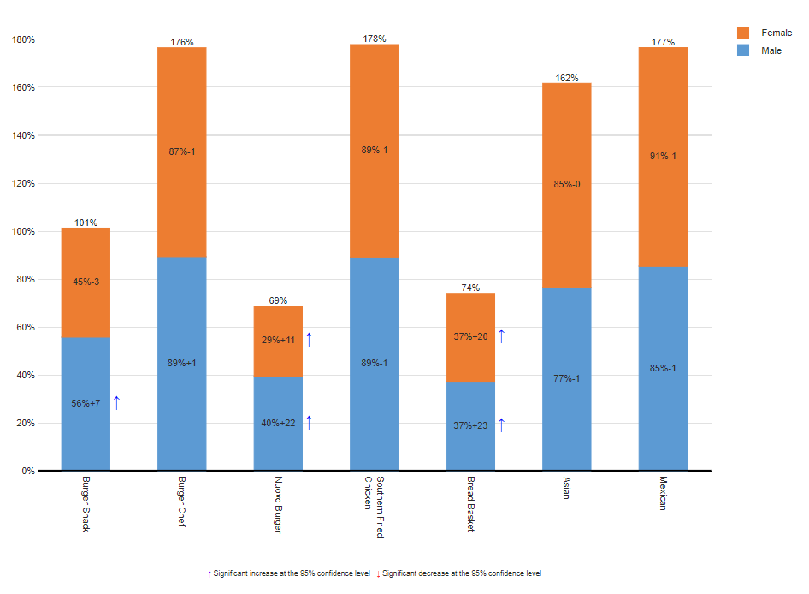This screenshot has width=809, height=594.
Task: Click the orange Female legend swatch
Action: point(743,33)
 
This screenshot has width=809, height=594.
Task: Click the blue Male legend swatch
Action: point(743,50)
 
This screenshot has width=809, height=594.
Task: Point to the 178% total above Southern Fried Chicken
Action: point(374,39)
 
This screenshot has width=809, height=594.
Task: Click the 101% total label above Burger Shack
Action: point(86,223)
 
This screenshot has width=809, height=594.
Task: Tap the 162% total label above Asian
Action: point(566,78)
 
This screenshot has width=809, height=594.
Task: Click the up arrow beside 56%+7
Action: point(116,403)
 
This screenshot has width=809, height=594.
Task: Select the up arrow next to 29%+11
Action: point(309,340)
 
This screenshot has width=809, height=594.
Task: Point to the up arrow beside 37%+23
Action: point(501,425)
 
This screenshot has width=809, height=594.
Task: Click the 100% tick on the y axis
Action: point(22,231)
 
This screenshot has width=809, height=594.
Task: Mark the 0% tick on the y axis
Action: point(28,471)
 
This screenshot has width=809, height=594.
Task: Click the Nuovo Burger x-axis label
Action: point(278,505)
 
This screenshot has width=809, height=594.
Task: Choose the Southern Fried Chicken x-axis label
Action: point(374,507)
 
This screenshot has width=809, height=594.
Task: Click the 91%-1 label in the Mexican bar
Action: point(663,156)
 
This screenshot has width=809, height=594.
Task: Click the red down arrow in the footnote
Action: point(378,573)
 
